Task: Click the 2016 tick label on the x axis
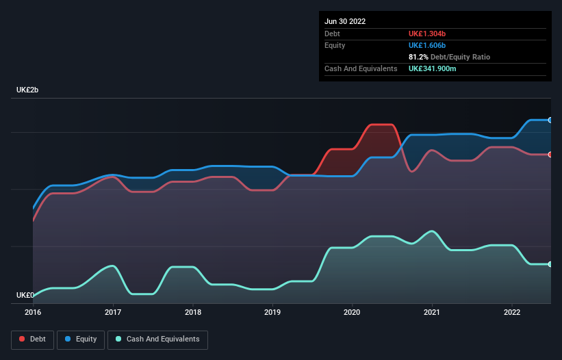(33, 312)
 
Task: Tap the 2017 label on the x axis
(113, 312)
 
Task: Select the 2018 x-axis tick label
(193, 312)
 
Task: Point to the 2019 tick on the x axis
(272, 312)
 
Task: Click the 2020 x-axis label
(353, 312)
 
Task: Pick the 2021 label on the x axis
(432, 312)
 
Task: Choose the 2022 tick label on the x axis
(512, 312)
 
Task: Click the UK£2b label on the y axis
(27, 90)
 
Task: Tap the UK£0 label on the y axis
(25, 295)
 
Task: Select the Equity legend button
(81, 339)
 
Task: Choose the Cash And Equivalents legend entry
(157, 339)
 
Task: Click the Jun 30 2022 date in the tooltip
(345, 21)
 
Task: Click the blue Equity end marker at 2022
(550, 120)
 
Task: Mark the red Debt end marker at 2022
(550, 155)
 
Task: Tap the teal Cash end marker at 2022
(550, 264)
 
